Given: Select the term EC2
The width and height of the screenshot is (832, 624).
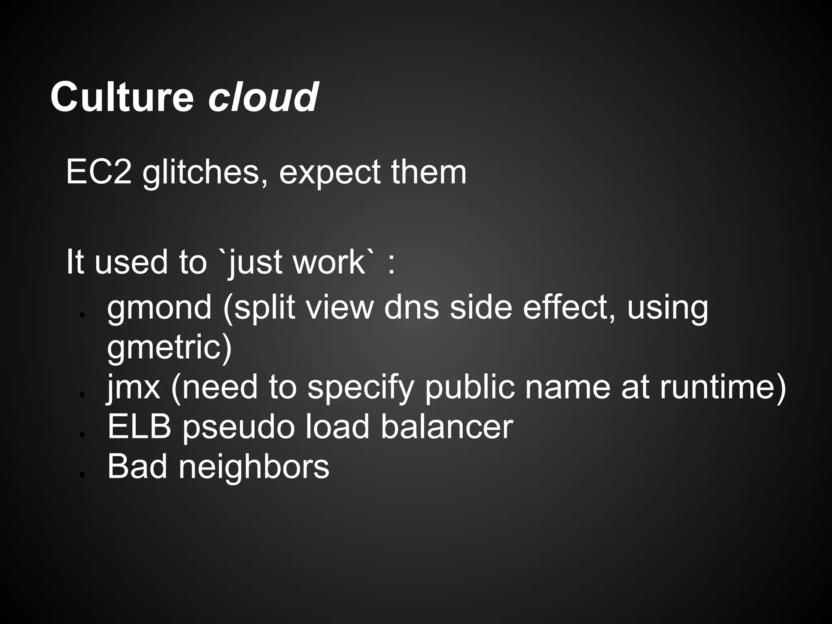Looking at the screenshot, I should pos(99,172).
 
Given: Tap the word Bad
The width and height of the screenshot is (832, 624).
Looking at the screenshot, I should pos(137,466).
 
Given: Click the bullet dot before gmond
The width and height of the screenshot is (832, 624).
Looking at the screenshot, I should pos(82,315).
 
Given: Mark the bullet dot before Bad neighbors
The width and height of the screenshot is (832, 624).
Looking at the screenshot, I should pos(82,474).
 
